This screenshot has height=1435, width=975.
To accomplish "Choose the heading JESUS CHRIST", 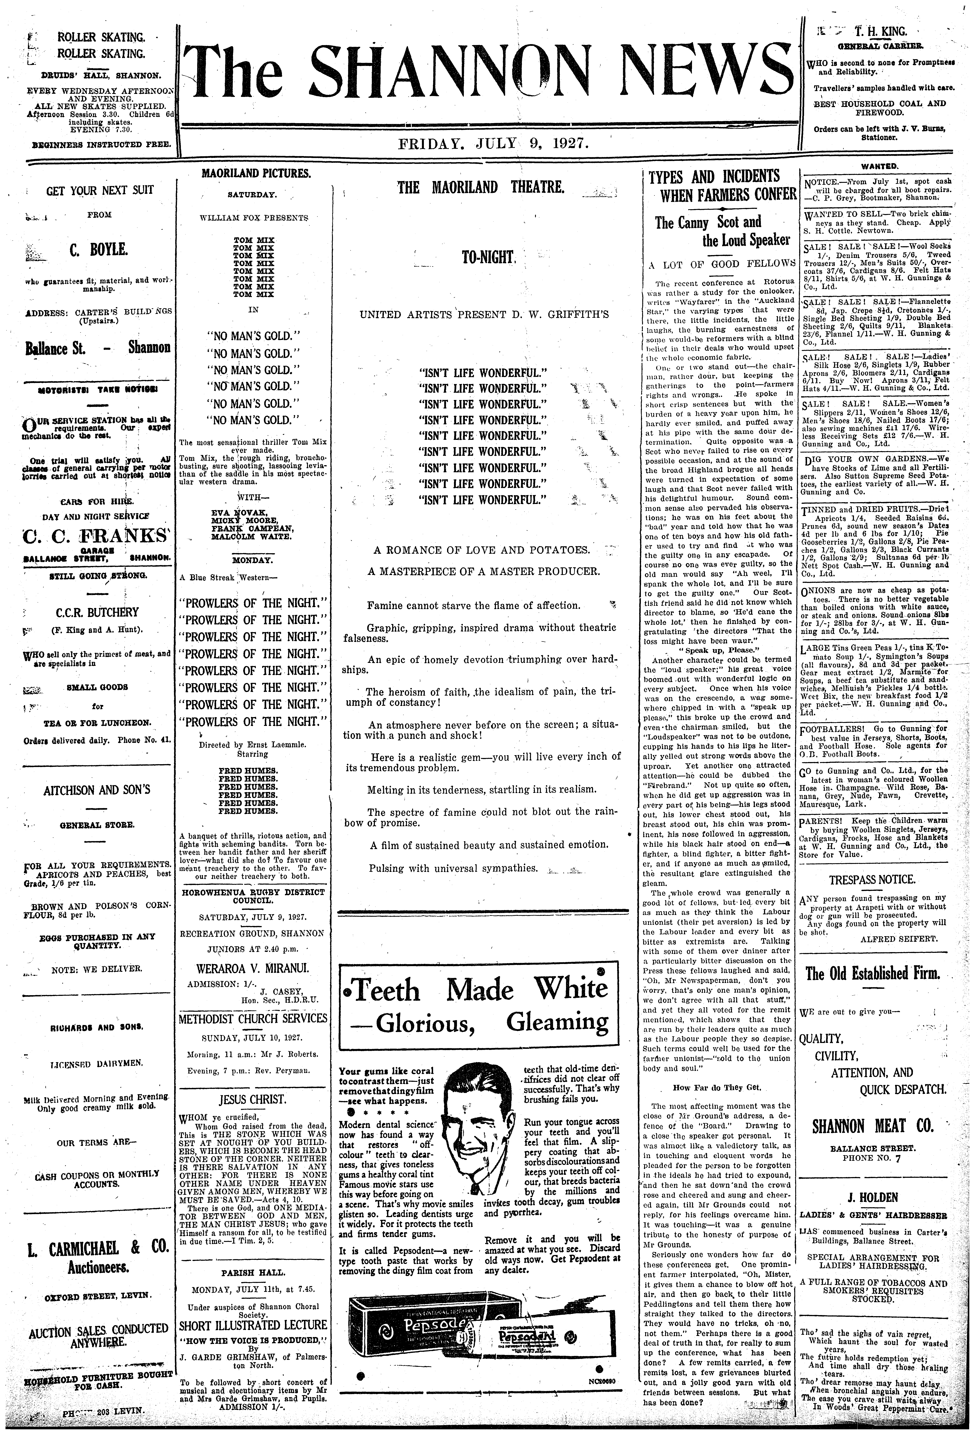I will pos(253,1099).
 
